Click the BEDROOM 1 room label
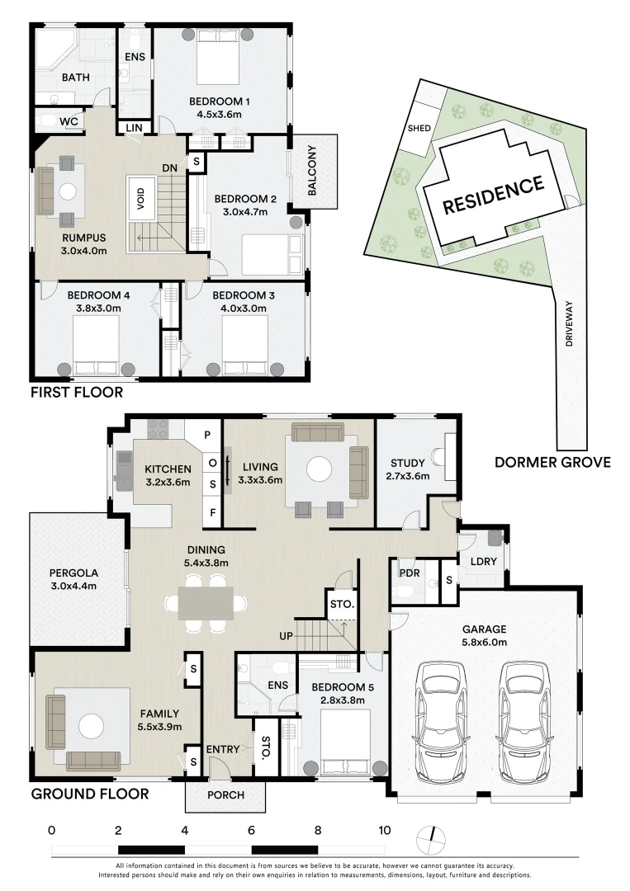(220, 101)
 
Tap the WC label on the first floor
(69, 121)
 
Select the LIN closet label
(135, 128)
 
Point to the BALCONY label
(311, 171)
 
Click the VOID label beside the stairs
(141, 198)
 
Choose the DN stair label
(169, 167)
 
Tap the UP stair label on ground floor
(286, 636)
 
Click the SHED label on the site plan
(419, 129)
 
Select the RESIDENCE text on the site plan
(493, 195)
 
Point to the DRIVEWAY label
(569, 323)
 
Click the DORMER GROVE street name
(552, 462)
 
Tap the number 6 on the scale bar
(251, 830)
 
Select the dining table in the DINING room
(206, 602)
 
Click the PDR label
(410, 573)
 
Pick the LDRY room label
(484, 561)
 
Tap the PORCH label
(225, 795)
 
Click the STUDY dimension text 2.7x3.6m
(408, 476)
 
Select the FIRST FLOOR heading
(77, 392)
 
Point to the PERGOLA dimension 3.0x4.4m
(73, 587)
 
